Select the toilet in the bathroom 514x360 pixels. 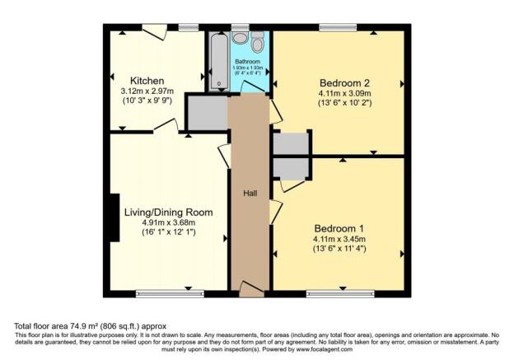(257, 43)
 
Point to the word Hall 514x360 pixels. (250, 193)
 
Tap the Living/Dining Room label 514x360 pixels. (168, 212)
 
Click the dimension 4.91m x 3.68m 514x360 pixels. (168, 222)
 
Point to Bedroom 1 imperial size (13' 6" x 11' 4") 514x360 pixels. (339, 248)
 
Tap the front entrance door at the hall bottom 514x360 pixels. (250, 288)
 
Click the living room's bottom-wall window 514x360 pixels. (160, 292)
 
